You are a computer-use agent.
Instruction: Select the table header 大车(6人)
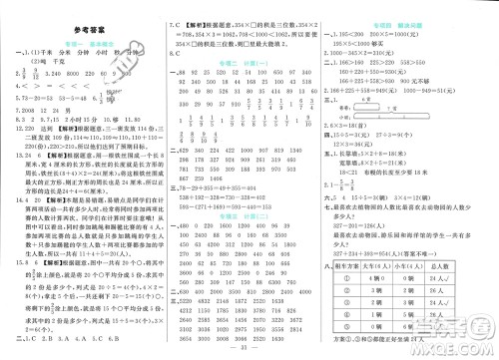(x=383, y=267)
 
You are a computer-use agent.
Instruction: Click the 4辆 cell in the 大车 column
(x=383, y=279)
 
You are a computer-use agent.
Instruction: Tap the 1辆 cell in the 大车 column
(x=383, y=314)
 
